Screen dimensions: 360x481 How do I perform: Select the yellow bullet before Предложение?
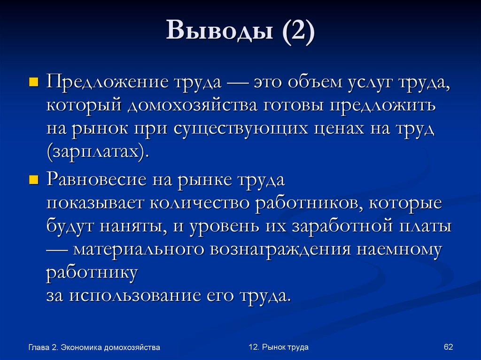click(33, 84)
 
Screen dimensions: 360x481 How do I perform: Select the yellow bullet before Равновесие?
click(33, 180)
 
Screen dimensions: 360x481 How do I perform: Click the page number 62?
click(448, 347)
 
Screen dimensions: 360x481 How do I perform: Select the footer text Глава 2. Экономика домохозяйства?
click(94, 347)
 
